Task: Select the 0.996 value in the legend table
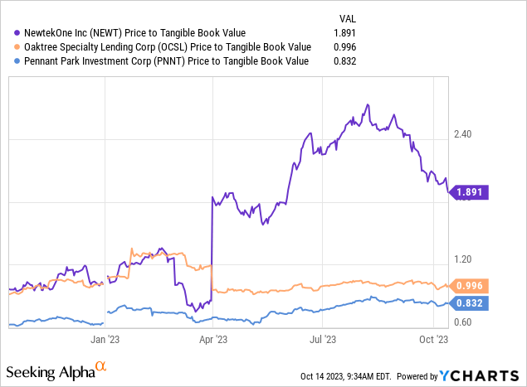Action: [x=349, y=47]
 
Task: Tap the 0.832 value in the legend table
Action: [x=349, y=60]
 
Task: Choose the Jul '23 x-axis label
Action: [x=323, y=338]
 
